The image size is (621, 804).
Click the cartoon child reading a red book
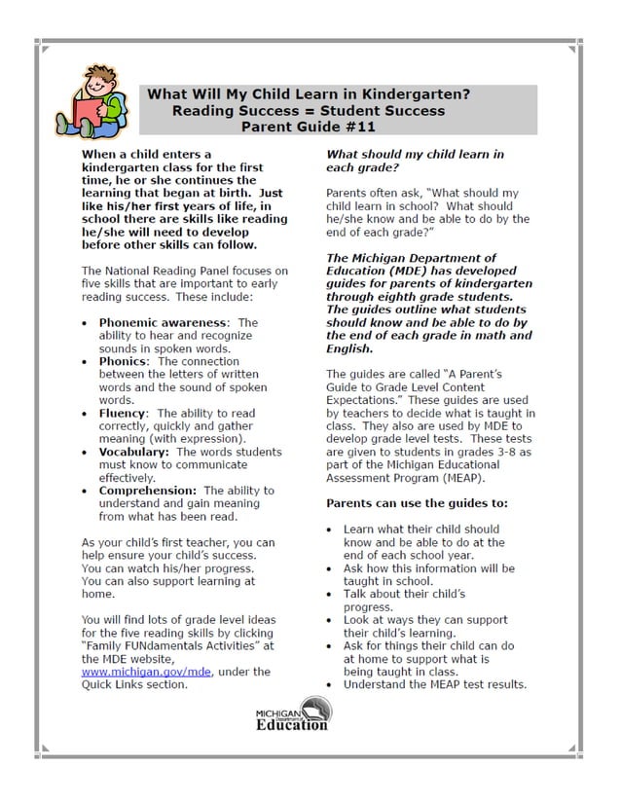[93, 100]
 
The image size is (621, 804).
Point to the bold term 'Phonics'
[124, 361]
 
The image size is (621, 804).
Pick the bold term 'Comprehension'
[147, 491]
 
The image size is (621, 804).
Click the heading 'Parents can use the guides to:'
[417, 503]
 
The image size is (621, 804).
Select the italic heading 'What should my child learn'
[415, 154]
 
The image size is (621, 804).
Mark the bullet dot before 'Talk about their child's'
[332, 594]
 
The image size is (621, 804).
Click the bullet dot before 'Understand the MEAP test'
[332, 684]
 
